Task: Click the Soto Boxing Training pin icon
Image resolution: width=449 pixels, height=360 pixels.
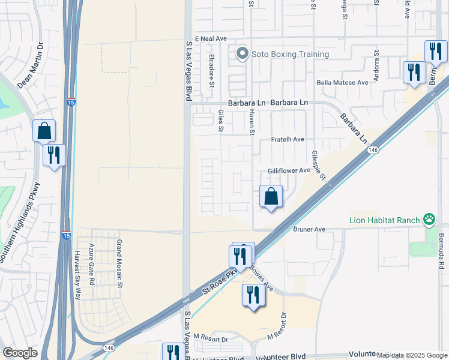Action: (243, 54)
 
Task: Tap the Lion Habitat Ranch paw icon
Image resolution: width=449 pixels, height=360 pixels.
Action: (429, 220)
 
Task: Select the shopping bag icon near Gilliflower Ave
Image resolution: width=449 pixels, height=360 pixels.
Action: (271, 196)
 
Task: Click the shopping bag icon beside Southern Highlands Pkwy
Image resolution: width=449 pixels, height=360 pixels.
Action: (44, 131)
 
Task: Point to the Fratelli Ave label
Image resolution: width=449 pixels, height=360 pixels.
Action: (288, 139)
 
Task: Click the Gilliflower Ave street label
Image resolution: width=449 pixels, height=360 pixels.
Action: (289, 170)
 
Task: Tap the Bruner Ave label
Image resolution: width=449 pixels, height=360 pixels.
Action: (309, 229)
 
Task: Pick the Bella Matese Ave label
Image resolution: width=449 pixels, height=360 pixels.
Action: (342, 82)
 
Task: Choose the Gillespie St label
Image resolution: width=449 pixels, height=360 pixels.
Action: (318, 165)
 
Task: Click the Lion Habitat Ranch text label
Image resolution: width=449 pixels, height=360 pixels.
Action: (384, 220)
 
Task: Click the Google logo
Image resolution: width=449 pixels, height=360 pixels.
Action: (20, 353)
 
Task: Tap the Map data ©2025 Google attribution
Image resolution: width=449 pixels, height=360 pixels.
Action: (412, 355)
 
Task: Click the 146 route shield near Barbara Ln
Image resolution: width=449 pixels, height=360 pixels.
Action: (373, 149)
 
